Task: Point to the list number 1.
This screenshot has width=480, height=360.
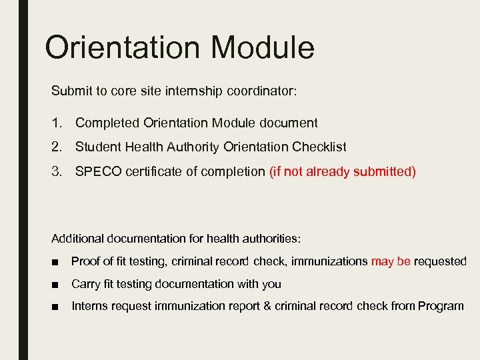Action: click(57, 123)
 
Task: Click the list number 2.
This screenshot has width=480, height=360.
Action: click(57, 147)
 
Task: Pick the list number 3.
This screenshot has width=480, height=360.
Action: click(57, 171)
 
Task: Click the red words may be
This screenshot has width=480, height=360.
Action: click(391, 261)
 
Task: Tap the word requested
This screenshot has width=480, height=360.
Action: click(440, 261)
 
